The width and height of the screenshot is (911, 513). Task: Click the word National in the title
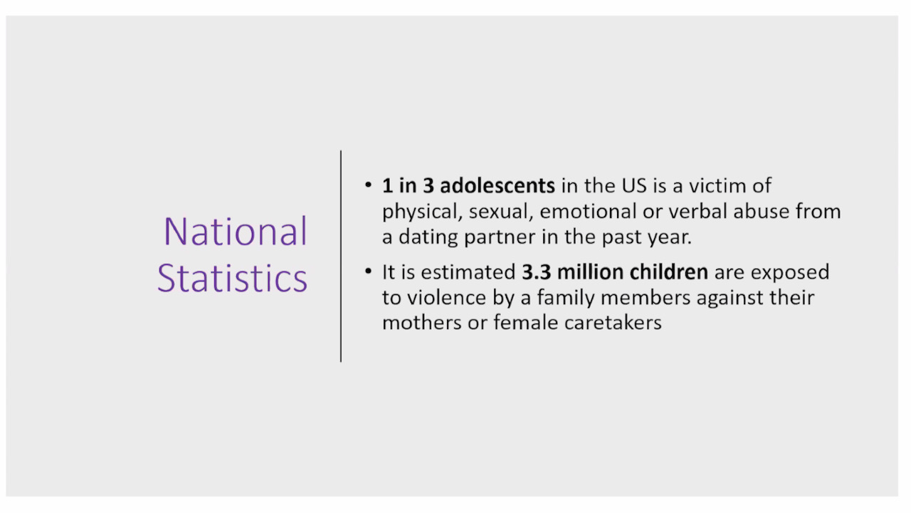coord(236,232)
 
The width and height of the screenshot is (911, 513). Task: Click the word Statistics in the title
coord(232,278)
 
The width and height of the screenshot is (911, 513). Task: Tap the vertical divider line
coord(341,256)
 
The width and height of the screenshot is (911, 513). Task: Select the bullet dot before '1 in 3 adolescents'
coord(369,185)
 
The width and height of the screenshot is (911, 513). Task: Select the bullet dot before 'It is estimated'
coord(369,271)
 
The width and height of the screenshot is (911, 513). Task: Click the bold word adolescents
coord(497,186)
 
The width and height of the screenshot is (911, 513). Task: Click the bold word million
coord(590,272)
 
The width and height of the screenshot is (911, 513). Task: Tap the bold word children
coord(668,271)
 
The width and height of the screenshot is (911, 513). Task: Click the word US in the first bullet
coord(634,186)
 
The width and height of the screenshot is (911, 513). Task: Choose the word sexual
coord(501,212)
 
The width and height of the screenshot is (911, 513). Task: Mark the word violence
coord(446,298)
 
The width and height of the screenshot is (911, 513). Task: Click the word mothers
coord(422,323)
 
